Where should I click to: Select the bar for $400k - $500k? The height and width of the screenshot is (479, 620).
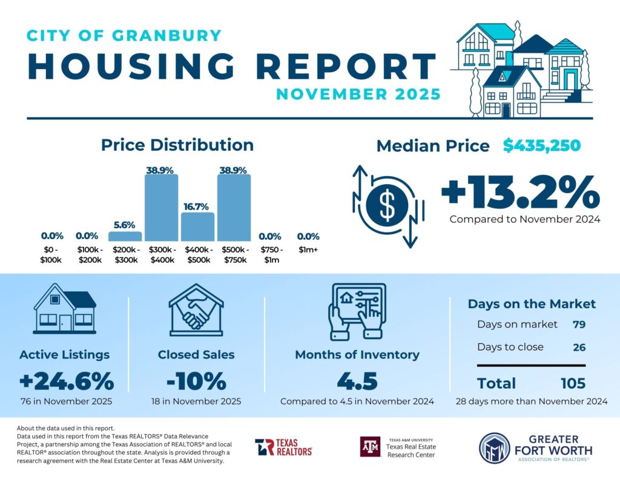tap(197, 226)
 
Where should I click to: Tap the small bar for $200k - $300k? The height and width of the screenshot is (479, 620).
tap(125, 236)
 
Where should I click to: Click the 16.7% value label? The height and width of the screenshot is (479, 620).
tap(197, 206)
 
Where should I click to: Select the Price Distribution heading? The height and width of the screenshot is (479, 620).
tap(177, 145)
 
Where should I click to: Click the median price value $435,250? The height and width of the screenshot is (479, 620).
tap(542, 146)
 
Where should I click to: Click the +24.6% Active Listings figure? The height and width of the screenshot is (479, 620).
tap(67, 382)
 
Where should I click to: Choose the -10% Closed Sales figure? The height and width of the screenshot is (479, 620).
tap(196, 382)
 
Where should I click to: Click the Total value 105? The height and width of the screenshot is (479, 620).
tap(572, 383)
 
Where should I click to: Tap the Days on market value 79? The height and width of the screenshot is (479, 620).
tap(579, 325)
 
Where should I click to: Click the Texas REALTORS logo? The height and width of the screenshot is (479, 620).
tap(283, 447)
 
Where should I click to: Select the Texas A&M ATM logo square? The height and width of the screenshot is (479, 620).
tap(371, 447)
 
